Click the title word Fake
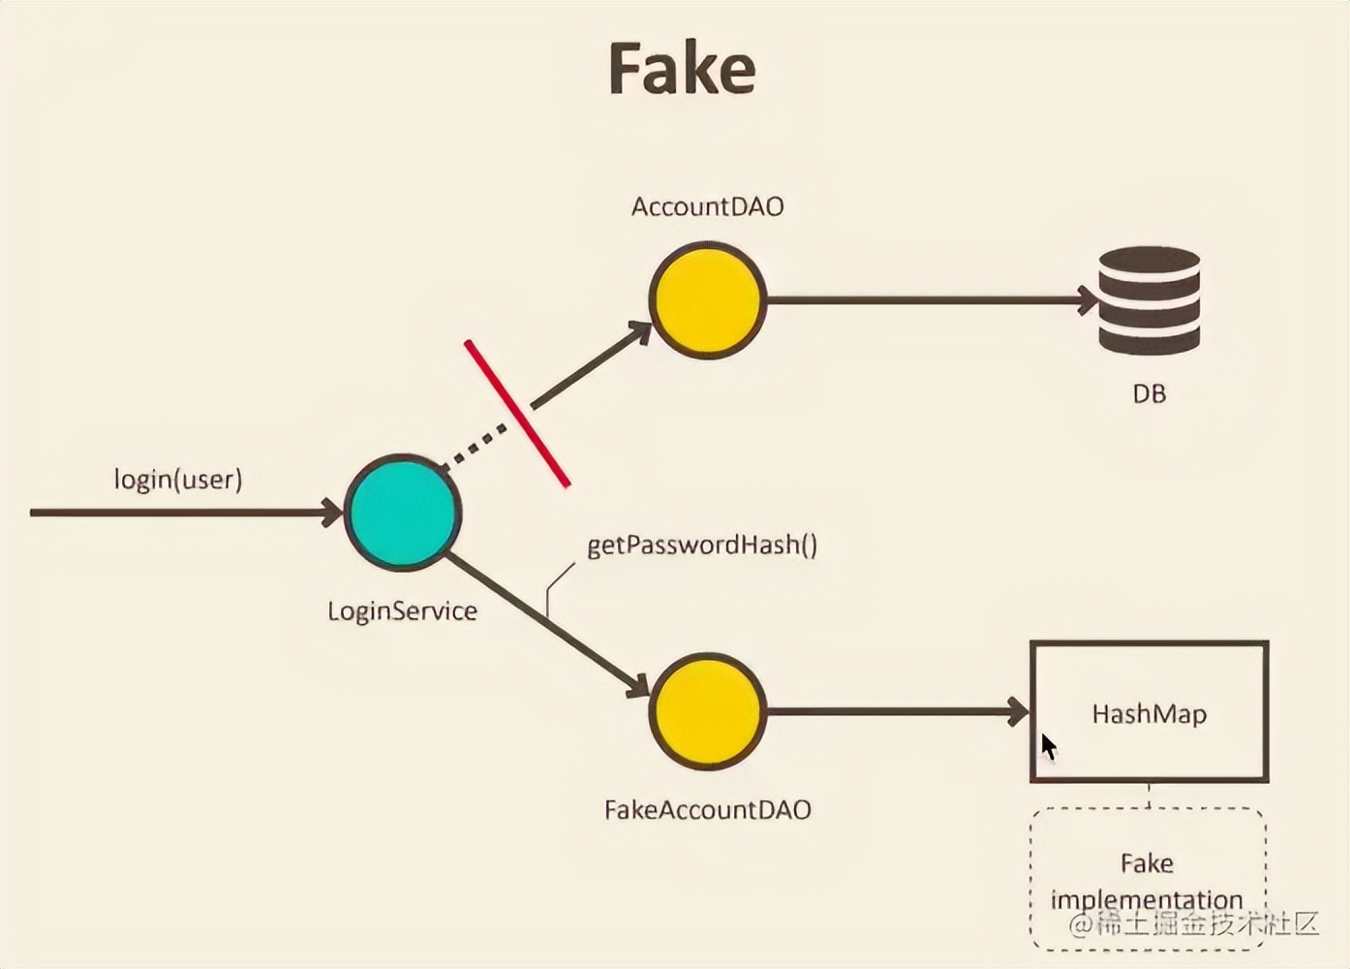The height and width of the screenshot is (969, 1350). tap(682, 69)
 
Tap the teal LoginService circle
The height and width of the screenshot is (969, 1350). tap(403, 512)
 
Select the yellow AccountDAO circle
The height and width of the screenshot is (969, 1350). tap(707, 300)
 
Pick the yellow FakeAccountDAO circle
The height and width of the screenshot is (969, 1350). tap(707, 711)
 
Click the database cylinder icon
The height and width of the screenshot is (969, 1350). tap(1150, 300)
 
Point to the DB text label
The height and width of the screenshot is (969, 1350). tap(1150, 394)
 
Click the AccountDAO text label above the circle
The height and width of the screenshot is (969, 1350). tap(707, 206)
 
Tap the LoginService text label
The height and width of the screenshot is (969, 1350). tap(402, 611)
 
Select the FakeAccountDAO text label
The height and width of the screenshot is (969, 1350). tap(707, 810)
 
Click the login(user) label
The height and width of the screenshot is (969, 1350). tap(178, 479)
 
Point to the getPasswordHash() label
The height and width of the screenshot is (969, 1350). tap(702, 545)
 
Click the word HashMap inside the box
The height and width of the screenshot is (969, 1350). tap(1150, 715)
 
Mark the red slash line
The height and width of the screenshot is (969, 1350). tap(517, 413)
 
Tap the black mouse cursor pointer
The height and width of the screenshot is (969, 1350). tap(1048, 747)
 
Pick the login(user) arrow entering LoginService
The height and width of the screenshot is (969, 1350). tap(184, 512)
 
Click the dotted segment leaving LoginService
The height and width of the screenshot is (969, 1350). tap(476, 447)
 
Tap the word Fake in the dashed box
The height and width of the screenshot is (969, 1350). tap(1147, 863)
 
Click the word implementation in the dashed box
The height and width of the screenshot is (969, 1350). tap(1147, 900)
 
